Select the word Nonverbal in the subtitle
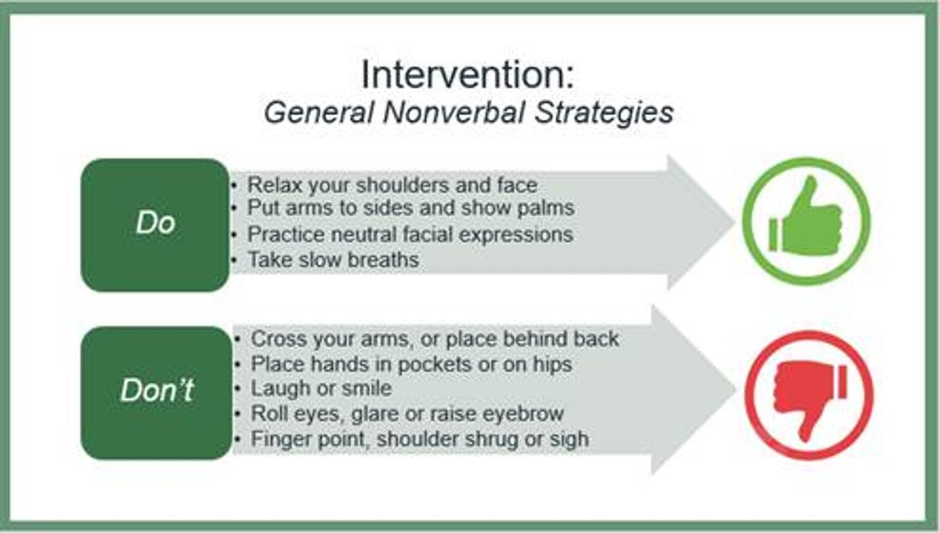454,113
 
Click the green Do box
155,225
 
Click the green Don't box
156,393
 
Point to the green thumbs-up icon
806,221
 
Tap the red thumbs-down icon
809,395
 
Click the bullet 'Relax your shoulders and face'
392,185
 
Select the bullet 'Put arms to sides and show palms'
410,208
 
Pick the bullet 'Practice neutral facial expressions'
410,234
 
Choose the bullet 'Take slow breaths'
333,259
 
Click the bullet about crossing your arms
435,339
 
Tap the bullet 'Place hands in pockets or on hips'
411,364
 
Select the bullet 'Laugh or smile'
321,388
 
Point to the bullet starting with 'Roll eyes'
407,414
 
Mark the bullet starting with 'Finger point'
420,440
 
